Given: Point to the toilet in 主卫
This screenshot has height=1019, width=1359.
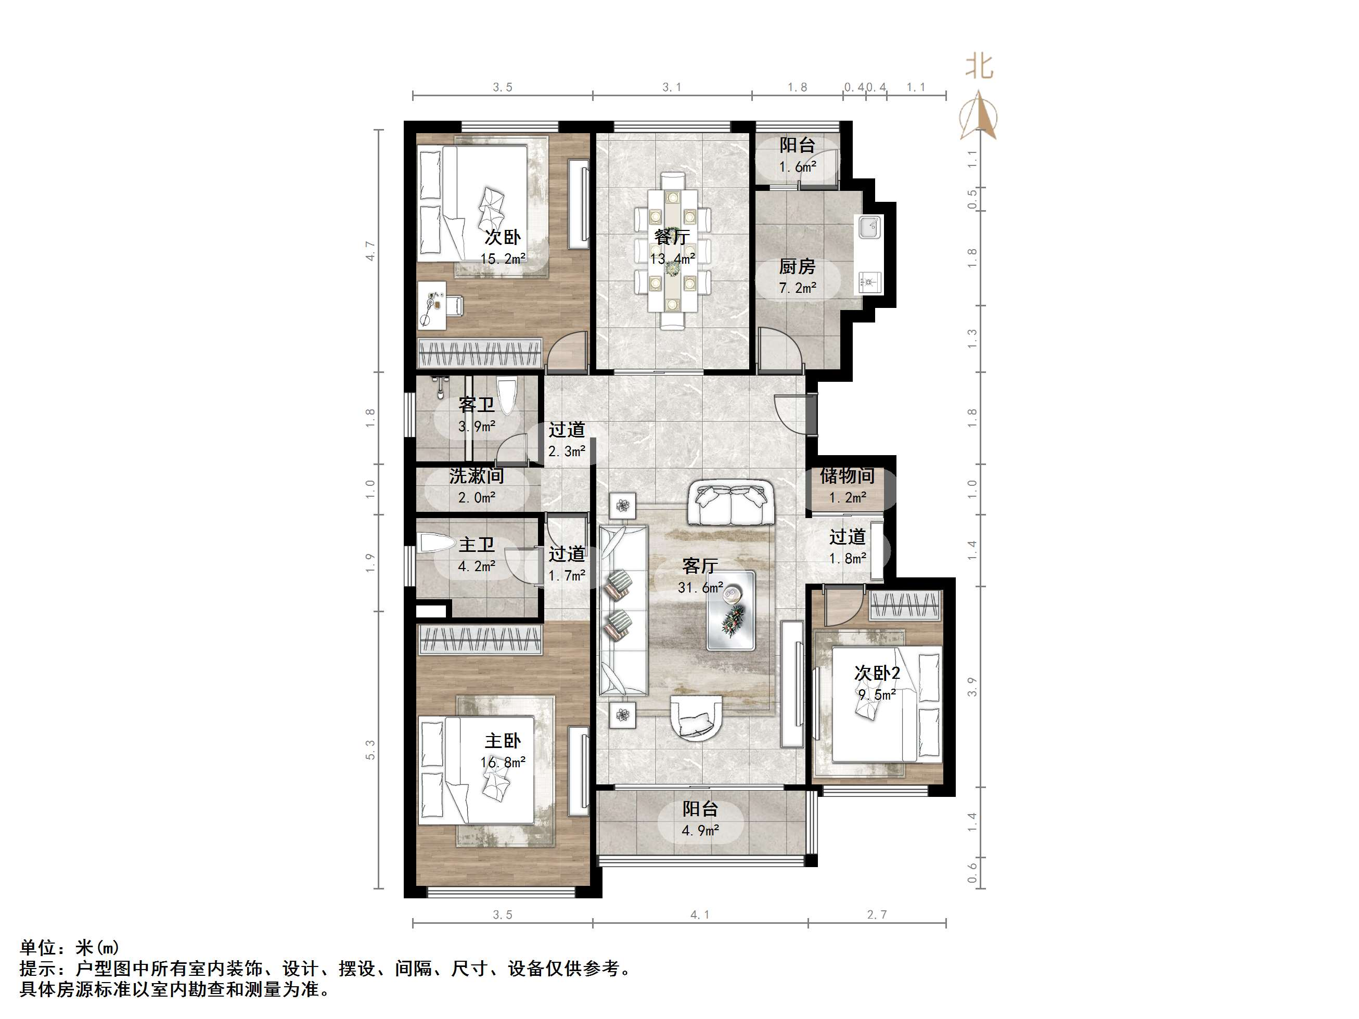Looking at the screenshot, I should (434, 544).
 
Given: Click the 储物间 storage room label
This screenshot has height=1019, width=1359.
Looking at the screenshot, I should (847, 475).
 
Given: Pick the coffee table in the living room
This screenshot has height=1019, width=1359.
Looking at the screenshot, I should (730, 610).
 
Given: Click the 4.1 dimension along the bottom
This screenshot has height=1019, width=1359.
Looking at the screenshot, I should (700, 914).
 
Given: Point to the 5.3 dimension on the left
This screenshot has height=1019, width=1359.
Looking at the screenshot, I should (370, 750).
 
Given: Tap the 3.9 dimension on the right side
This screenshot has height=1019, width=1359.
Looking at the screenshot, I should (972, 687).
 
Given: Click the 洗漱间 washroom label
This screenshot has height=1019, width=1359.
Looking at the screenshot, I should (476, 475).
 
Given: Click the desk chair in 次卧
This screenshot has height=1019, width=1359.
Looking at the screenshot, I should (453, 305).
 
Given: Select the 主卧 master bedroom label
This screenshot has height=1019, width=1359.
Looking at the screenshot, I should (503, 741).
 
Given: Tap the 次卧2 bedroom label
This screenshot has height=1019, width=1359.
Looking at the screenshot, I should (877, 673).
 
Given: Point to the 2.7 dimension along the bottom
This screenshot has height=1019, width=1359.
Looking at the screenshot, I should (877, 914).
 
